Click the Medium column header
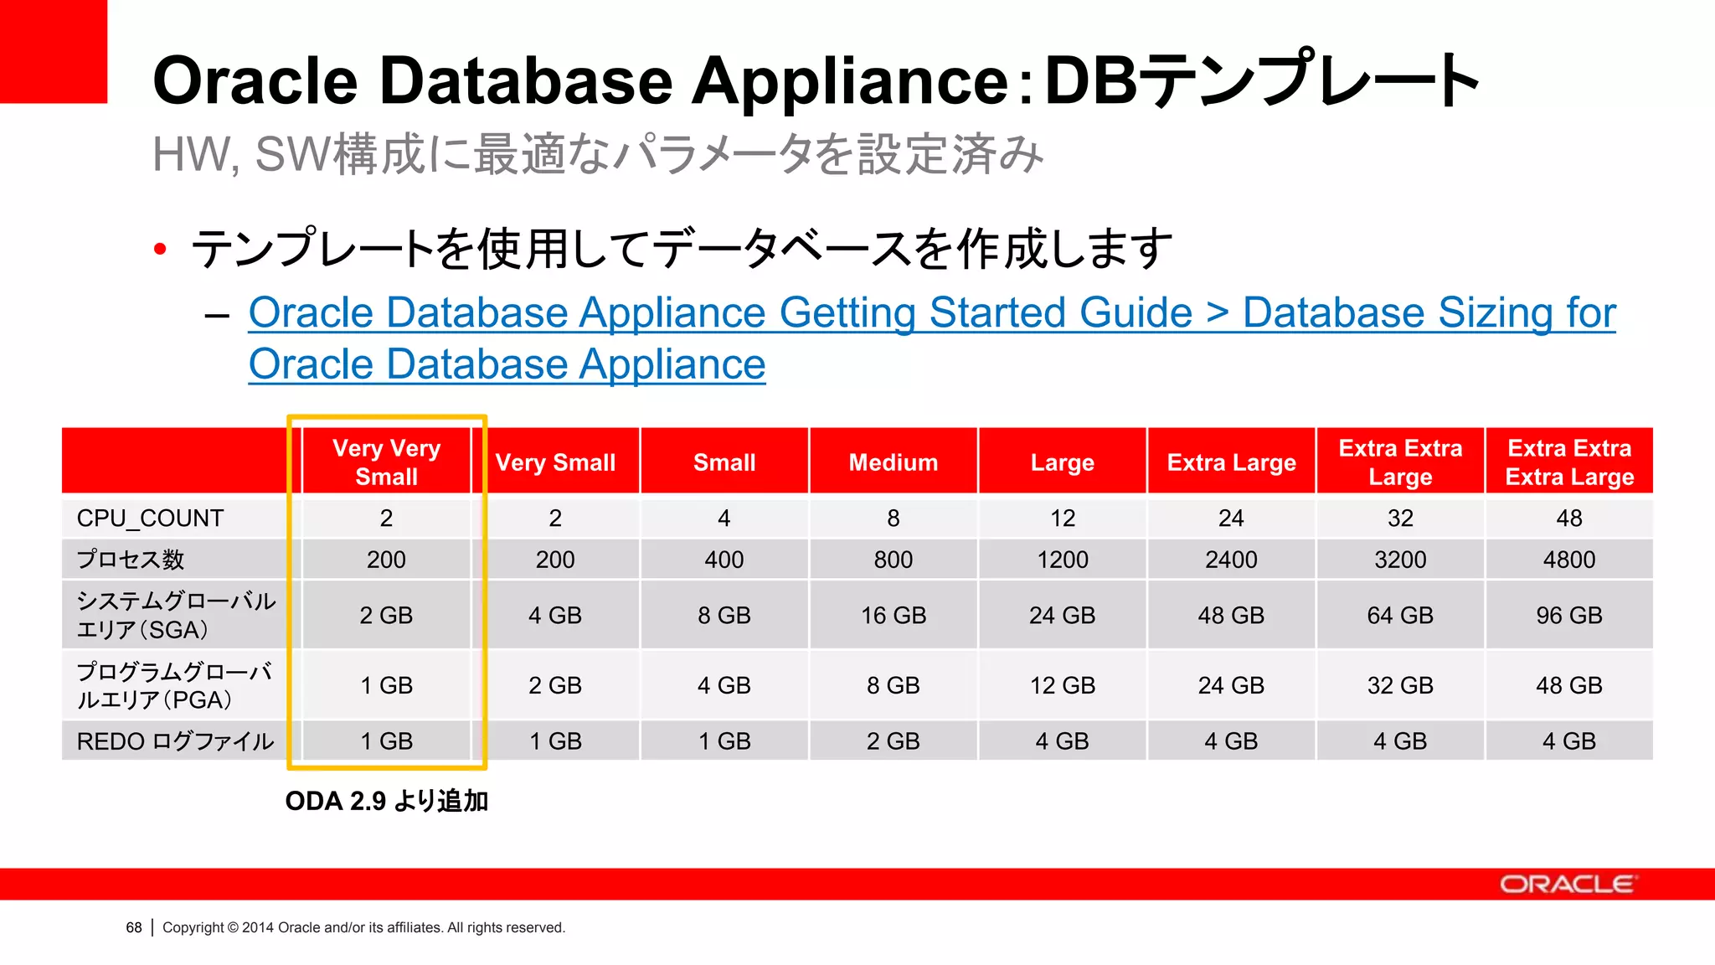click(893, 462)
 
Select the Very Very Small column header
click(386, 462)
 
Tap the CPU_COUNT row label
click(150, 519)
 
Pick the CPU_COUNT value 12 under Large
click(1063, 519)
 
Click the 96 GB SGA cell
click(1568, 616)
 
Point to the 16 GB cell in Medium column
click(894, 616)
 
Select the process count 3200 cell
click(1400, 560)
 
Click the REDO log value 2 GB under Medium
click(893, 741)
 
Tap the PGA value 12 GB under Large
click(1063, 686)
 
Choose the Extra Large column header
click(1231, 462)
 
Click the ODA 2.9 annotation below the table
click(386, 802)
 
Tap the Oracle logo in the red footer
click(1567, 885)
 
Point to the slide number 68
click(134, 928)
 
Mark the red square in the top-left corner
click(54, 51)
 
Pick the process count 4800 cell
click(1568, 560)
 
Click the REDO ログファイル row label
click(175, 741)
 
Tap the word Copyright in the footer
click(193, 928)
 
